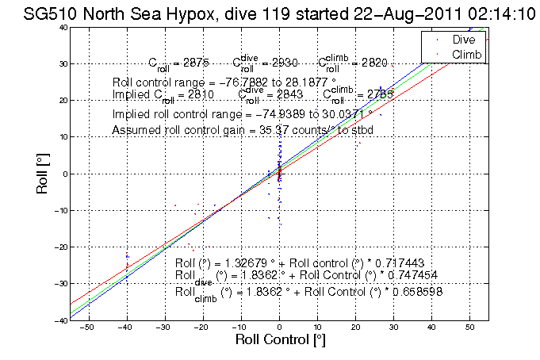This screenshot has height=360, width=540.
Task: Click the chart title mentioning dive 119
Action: pos(270,13)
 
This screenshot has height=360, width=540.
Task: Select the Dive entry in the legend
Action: pos(463,39)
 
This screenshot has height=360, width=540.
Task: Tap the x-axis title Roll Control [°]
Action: pos(278,340)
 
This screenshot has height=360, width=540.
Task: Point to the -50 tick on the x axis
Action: pos(89,327)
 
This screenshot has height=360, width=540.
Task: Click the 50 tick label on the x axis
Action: pos(469,327)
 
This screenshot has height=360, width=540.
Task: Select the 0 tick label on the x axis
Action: pos(279,327)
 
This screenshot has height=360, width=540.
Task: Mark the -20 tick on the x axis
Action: pos(203,327)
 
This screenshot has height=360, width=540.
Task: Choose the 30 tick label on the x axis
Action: pos(393,327)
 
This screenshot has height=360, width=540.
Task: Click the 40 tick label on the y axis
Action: pos(61,27)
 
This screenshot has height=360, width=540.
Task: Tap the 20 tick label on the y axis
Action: pos(61,101)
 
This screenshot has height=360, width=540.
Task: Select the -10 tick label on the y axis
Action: pos(59,210)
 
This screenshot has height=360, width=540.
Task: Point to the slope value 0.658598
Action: pos(415,292)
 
